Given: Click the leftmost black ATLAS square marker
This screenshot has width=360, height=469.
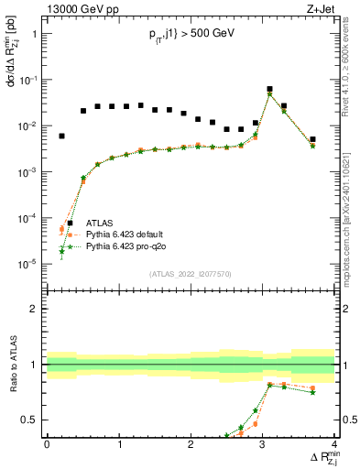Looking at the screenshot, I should point(61,136).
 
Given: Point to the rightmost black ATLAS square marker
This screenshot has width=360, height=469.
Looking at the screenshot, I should point(312,139).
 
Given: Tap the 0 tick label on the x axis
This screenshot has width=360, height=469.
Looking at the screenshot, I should point(47,444).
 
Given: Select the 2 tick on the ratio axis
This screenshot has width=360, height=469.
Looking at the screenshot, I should point(38,309).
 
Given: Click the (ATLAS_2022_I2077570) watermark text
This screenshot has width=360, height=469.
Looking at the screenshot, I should point(191,274).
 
